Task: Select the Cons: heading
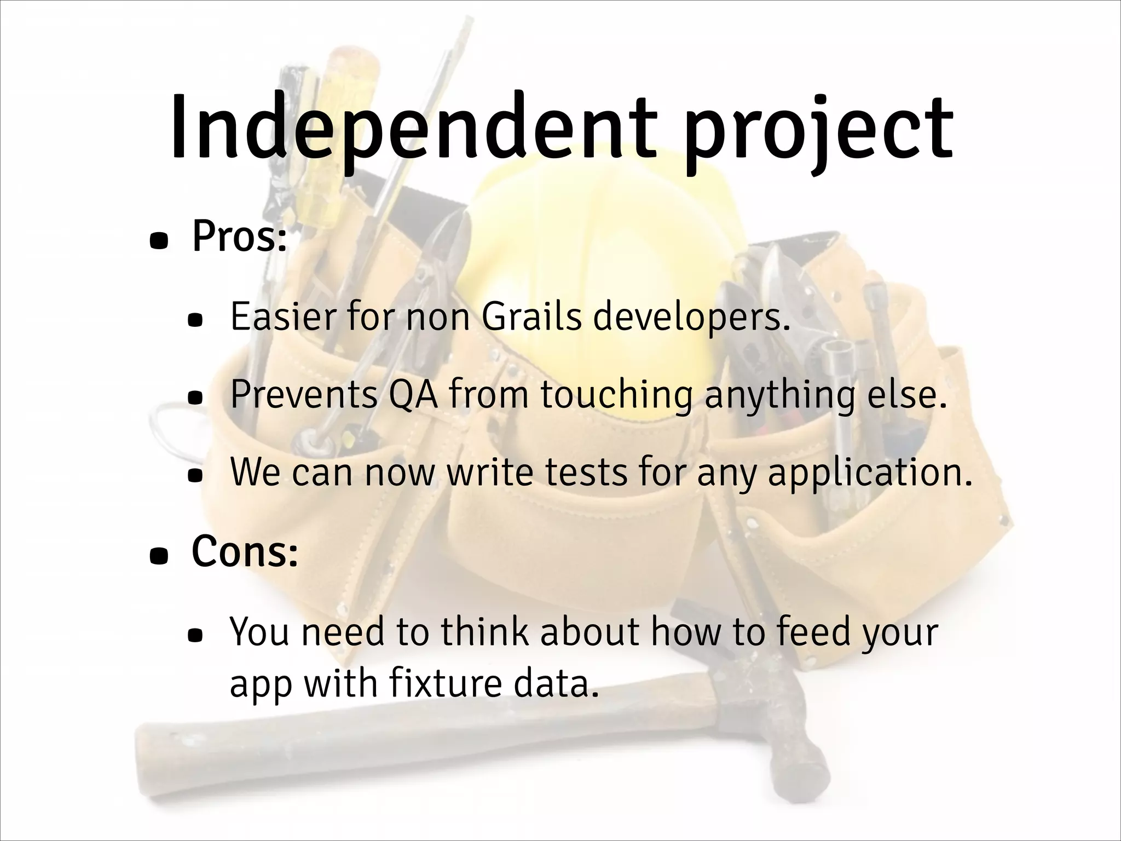(245, 551)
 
